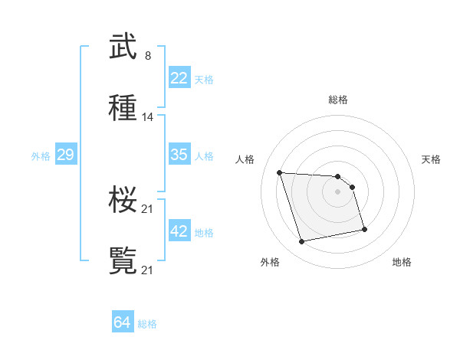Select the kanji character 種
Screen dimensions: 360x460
click(x=123, y=108)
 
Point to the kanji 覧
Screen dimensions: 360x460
click(x=123, y=260)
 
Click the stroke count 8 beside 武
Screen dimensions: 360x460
click(x=147, y=56)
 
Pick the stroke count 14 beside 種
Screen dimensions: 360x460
click(x=148, y=117)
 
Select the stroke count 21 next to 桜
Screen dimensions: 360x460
click(x=148, y=209)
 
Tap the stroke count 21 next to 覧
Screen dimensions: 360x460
click(x=148, y=270)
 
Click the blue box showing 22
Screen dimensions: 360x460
click(x=179, y=78)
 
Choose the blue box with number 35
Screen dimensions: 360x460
click(x=179, y=155)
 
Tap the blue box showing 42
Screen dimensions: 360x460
click(x=179, y=231)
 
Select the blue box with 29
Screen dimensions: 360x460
click(x=66, y=155)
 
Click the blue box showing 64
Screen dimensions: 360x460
click(x=123, y=323)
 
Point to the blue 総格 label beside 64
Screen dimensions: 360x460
click(x=147, y=324)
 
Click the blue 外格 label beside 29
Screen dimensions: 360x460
click(x=41, y=155)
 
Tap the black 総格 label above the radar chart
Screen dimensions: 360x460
click(x=338, y=100)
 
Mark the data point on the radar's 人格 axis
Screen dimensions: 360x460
click(x=280, y=172)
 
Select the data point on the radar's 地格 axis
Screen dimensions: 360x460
click(x=364, y=229)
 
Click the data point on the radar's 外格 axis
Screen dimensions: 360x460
click(x=302, y=242)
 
